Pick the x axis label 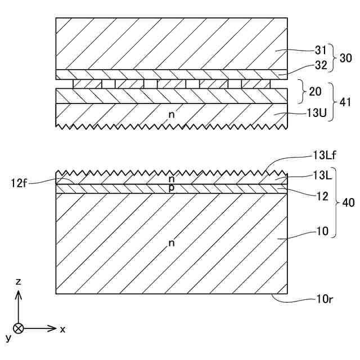pyautogui.click(x=62, y=329)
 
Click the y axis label pyautogui.click(x=8, y=337)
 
